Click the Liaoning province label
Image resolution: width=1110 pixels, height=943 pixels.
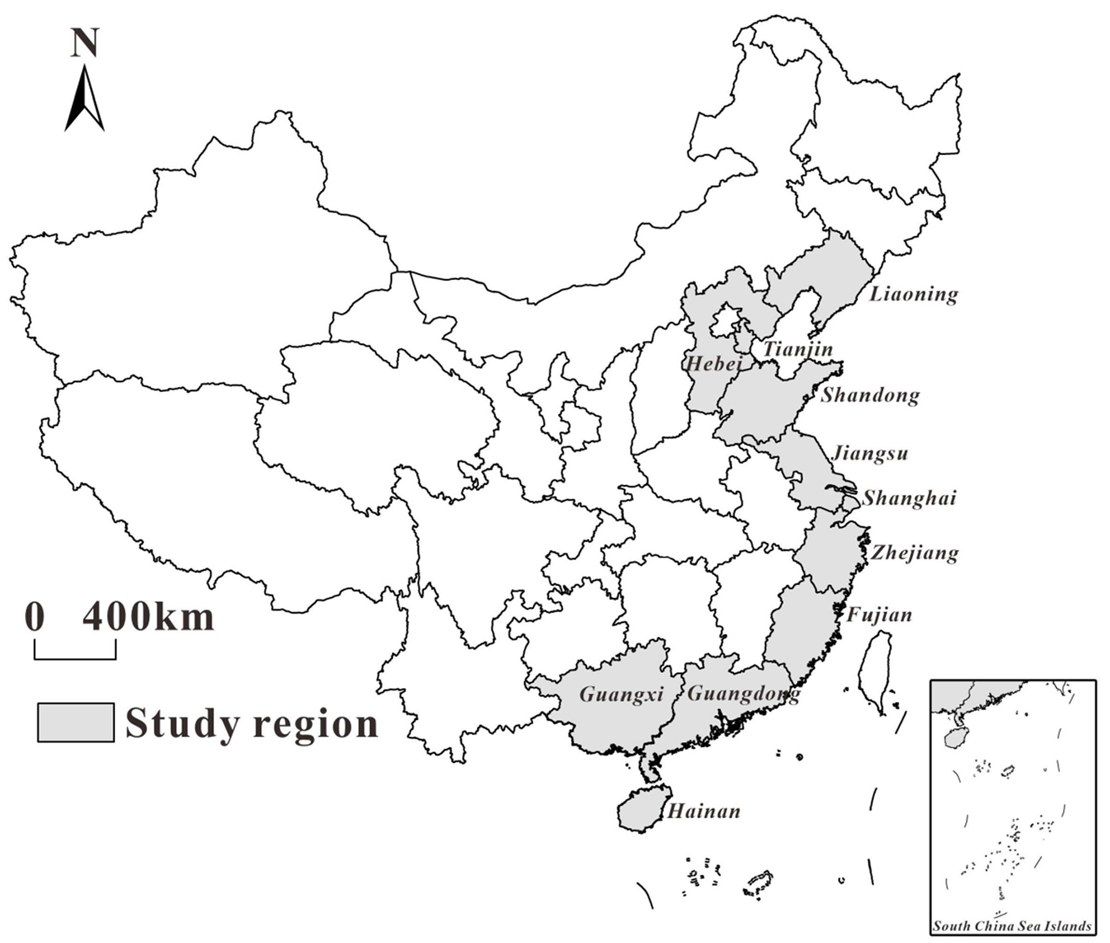(x=913, y=294)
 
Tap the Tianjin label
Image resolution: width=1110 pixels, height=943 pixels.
(x=798, y=349)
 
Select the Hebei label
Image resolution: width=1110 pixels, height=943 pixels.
(x=714, y=363)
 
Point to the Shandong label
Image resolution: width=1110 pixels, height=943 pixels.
(x=871, y=395)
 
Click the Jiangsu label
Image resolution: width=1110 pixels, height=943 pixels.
(x=870, y=453)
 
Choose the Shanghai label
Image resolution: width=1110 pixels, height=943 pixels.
(x=910, y=498)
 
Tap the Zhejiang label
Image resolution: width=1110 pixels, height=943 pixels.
(x=915, y=553)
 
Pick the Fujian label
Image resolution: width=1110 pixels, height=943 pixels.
(x=879, y=615)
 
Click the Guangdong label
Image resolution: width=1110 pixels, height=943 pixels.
(x=744, y=694)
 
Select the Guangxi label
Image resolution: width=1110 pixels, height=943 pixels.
(x=621, y=694)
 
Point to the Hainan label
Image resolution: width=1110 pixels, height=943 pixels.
(x=704, y=812)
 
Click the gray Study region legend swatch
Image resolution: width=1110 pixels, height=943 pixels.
(x=76, y=723)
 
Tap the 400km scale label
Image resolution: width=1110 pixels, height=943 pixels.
(x=148, y=617)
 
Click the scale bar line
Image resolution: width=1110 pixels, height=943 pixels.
(x=75, y=658)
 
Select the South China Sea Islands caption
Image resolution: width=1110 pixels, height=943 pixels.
(x=1012, y=926)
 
